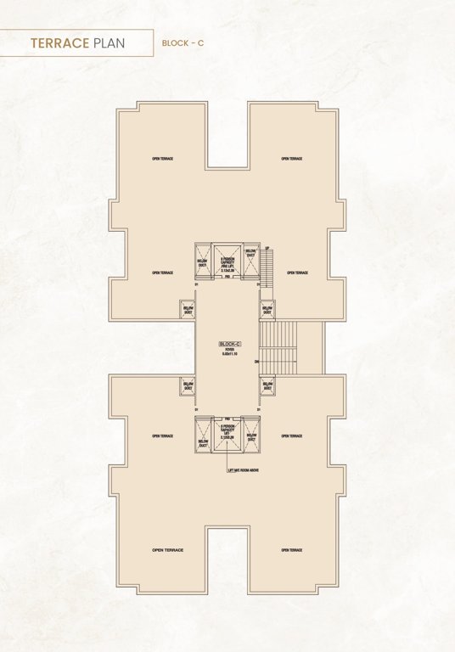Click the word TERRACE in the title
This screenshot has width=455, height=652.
(x=59, y=41)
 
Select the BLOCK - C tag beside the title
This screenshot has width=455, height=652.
(x=182, y=41)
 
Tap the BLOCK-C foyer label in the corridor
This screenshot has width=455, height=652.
(x=230, y=345)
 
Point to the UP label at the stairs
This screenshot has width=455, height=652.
(x=267, y=248)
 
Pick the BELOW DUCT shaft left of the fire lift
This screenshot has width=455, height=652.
(x=202, y=259)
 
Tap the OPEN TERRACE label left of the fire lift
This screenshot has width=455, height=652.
(x=162, y=273)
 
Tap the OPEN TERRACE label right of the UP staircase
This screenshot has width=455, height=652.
(x=297, y=273)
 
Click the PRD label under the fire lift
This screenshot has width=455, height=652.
(x=227, y=286)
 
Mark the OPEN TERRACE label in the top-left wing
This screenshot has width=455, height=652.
(x=162, y=159)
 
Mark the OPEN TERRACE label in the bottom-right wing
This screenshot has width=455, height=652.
(x=292, y=550)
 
